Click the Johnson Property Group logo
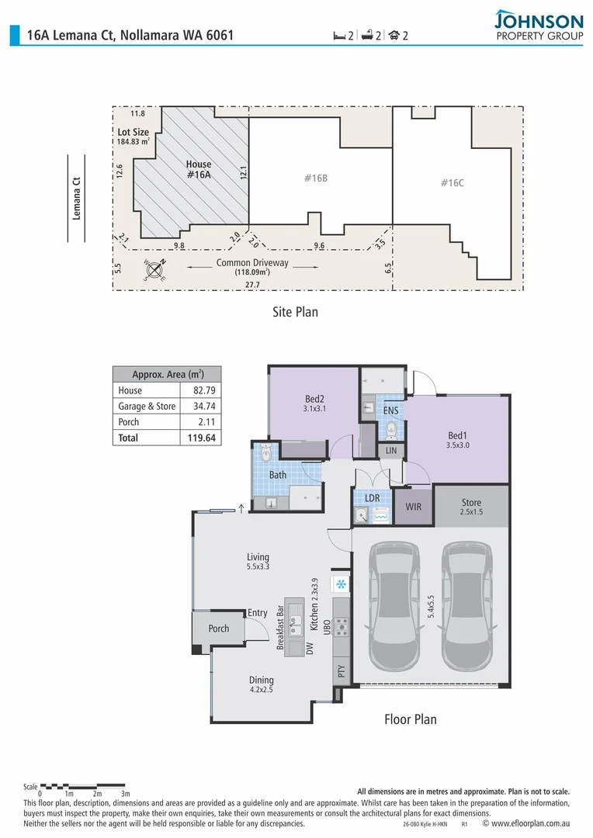(x=538, y=25)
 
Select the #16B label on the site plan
(x=315, y=178)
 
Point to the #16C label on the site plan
(x=452, y=183)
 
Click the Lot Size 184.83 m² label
(x=133, y=137)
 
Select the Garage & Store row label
(x=147, y=407)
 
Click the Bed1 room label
(x=458, y=436)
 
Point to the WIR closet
(x=413, y=507)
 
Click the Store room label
(x=471, y=503)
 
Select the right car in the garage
(x=466, y=607)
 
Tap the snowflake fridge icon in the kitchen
(x=340, y=583)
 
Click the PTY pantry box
(x=341, y=670)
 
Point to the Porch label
(x=219, y=628)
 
